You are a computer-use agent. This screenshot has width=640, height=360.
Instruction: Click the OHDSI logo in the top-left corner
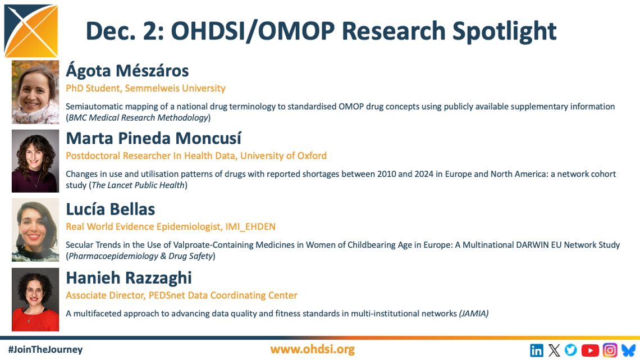coord(31,31)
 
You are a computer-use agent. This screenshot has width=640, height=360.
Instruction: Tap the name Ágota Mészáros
coord(127,71)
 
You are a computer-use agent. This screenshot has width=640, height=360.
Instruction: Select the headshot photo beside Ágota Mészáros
coord(35,92)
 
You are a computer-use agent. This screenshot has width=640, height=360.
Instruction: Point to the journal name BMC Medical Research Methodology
coord(138,117)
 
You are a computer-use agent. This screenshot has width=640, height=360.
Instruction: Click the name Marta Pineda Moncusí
coord(153,138)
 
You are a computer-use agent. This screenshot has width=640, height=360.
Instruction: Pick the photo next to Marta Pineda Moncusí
coord(35,161)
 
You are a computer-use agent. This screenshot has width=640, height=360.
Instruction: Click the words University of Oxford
coord(284,156)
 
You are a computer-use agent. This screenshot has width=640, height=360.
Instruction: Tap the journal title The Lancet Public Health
coord(138,185)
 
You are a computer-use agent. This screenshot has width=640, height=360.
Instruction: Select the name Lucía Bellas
coord(111,209)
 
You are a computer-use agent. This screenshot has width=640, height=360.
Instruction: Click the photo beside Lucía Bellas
coord(35,230)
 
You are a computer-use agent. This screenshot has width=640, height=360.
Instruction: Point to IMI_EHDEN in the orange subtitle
coord(250,227)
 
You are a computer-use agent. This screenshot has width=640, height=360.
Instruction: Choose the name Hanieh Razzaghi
coord(129,278)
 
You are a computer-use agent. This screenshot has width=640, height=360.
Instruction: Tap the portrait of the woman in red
coord(35,299)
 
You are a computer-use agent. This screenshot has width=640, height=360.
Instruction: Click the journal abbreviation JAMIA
coord(473,313)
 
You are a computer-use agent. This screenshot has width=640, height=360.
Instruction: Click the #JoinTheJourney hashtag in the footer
coord(45,349)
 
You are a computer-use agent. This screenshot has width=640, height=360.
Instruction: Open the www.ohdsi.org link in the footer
coord(312,349)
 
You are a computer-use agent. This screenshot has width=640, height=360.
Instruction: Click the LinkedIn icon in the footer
coord(536,350)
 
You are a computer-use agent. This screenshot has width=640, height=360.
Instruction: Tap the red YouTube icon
coord(590,350)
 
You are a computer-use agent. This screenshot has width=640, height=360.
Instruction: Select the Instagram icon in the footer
coord(610,350)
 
